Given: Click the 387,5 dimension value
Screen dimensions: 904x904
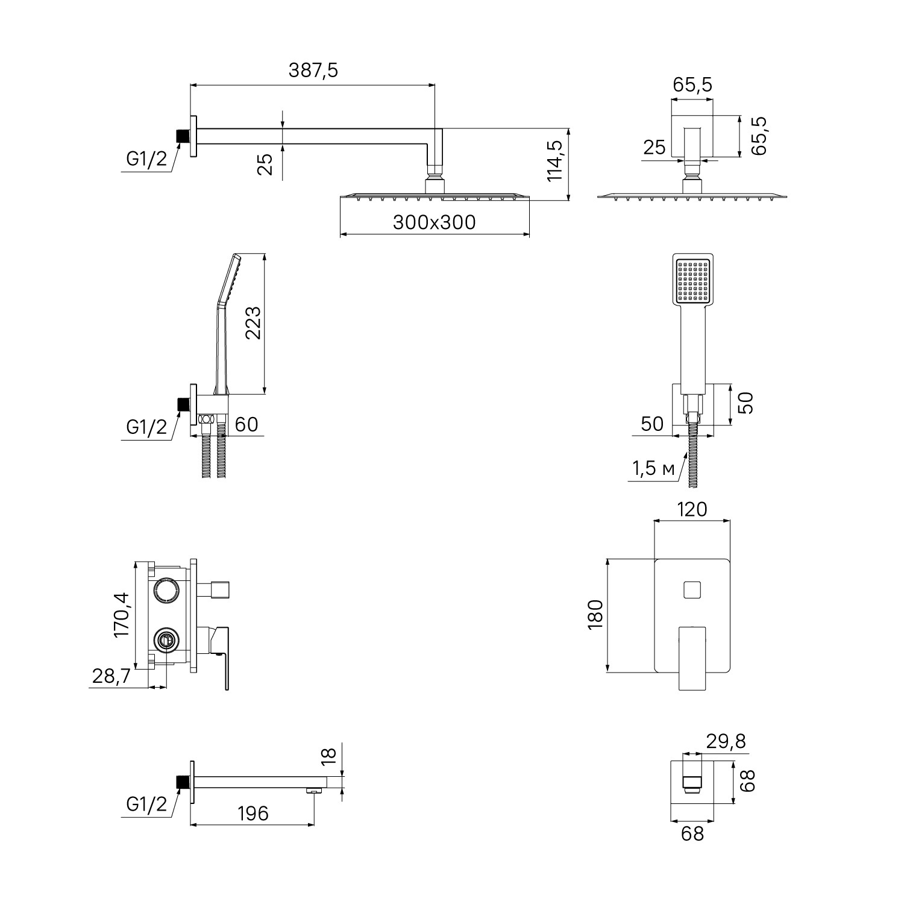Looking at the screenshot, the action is coord(313,71).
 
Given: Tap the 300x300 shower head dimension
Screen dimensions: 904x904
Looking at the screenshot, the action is coord(434,222).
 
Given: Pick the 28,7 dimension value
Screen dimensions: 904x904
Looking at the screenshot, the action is coord(111,676).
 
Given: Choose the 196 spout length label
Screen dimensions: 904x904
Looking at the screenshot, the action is coord(253,814).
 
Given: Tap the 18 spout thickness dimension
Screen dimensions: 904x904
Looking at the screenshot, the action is coord(328,756).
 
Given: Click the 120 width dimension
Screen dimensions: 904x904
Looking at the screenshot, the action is coord(692,510).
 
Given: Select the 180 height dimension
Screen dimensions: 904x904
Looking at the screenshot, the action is coord(596,615).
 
